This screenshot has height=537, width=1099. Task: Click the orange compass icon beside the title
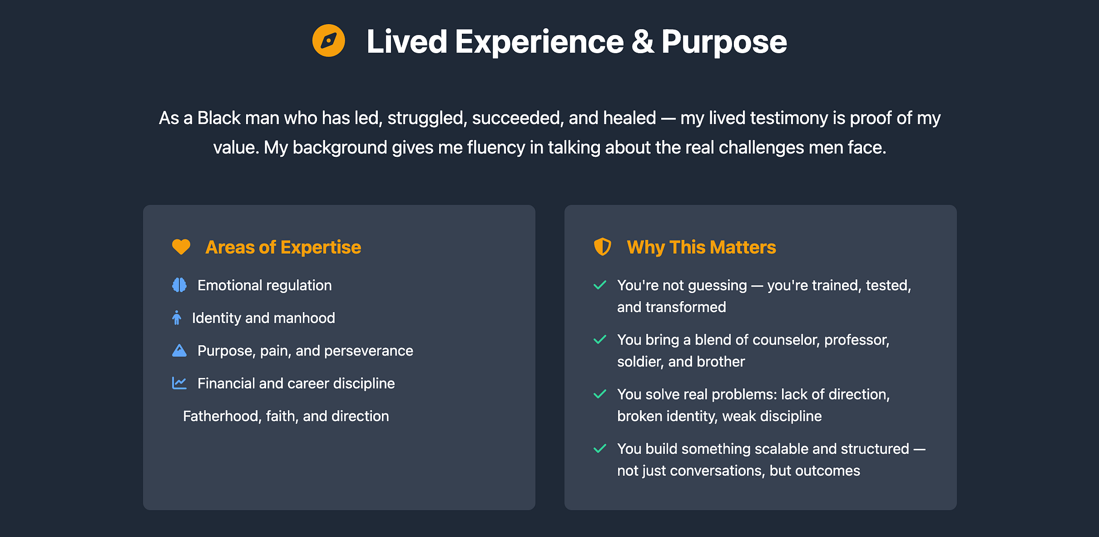329,41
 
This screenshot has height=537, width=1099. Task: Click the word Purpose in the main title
724,42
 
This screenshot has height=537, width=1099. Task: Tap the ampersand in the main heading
642,42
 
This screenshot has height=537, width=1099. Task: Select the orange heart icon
181,247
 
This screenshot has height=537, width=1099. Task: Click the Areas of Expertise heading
283,247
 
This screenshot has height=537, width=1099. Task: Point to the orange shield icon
602,247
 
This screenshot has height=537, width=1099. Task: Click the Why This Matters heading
701,247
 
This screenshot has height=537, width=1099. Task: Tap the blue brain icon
179,285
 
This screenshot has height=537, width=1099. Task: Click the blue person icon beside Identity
177,318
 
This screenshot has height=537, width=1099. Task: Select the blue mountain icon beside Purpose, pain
179,350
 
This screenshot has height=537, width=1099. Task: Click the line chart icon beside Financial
179,383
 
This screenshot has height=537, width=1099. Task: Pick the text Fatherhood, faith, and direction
286,416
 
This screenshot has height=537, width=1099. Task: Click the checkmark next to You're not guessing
600,285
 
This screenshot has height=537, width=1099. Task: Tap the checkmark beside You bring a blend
600,339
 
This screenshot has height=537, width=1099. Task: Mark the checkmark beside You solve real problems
600,394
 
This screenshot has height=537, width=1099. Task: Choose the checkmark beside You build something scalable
600,448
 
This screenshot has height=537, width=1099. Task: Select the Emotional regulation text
264,285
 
